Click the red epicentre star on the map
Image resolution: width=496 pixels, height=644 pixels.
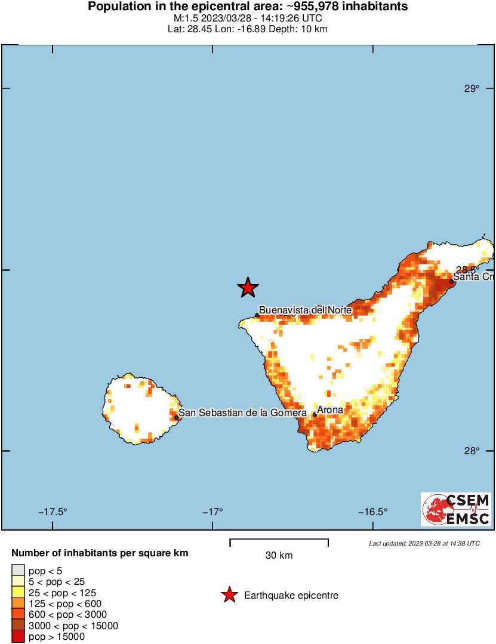coord(248,288)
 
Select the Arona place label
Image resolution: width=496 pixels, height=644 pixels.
coord(330,410)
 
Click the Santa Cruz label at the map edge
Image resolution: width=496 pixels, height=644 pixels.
coord(472,277)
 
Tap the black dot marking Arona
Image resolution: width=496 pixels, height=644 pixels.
coord(315,414)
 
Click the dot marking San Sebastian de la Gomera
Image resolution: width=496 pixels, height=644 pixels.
coord(176,417)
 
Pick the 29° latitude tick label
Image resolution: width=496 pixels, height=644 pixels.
coord(472,89)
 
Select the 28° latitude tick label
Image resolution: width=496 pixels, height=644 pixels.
coord(472,451)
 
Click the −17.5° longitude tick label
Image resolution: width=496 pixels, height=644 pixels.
coord(53,512)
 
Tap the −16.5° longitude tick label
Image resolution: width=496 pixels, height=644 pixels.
coord(373,512)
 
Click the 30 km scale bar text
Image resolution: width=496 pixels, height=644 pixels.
coord(279,556)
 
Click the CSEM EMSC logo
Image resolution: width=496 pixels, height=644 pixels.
coord(457,509)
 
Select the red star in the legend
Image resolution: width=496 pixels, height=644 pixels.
coord(229,595)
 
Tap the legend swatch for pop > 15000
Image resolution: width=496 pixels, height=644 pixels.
coord(18,637)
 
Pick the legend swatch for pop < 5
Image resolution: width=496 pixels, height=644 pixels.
coord(18,571)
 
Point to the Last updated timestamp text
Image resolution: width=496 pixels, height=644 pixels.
coord(424,543)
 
